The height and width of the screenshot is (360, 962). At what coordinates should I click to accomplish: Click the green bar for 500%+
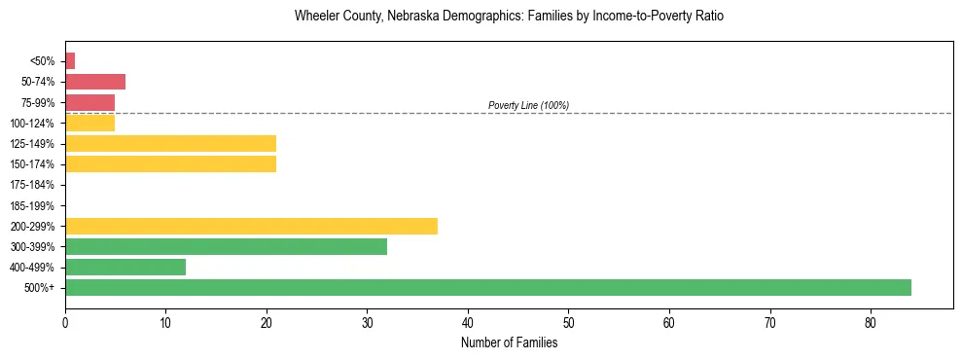(x=487, y=287)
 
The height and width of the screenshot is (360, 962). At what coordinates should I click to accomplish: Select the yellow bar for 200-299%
(x=251, y=226)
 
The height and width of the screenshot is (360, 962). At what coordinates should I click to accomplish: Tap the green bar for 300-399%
(x=226, y=246)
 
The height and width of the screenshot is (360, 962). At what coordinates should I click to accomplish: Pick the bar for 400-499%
(x=125, y=267)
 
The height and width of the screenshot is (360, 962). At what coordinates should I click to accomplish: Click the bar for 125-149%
(x=170, y=143)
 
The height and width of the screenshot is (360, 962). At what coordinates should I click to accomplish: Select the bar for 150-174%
(x=170, y=163)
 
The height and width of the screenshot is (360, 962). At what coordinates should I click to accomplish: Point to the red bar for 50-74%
(x=95, y=82)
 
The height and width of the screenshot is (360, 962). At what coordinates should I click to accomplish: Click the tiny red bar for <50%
(x=70, y=61)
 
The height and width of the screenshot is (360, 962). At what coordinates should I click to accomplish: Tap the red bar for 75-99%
(x=89, y=102)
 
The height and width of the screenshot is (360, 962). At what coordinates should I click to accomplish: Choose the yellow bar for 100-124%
(x=89, y=123)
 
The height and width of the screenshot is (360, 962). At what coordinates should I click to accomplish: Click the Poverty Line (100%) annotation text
(x=528, y=105)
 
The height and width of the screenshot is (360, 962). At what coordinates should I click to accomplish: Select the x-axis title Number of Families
(x=509, y=342)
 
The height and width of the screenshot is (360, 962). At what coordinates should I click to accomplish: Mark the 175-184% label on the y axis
(x=38, y=185)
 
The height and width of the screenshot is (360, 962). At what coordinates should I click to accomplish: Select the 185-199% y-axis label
(x=38, y=205)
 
